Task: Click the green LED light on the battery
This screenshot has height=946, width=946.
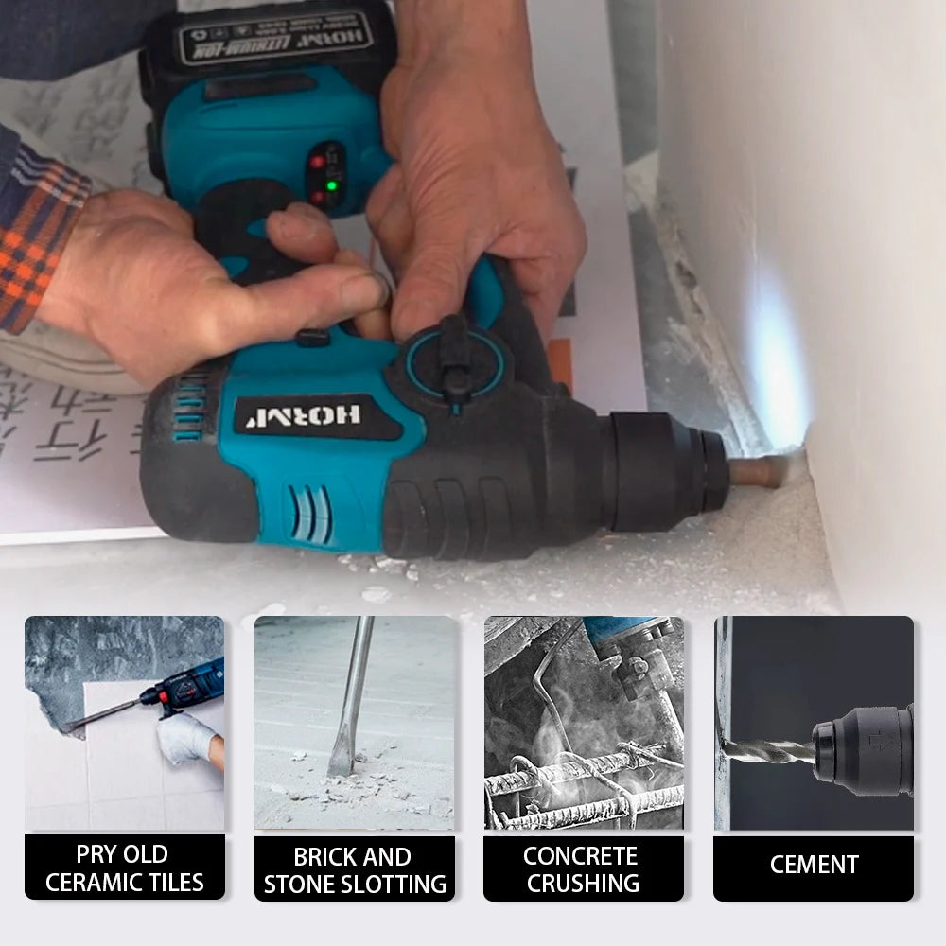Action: (x=330, y=185)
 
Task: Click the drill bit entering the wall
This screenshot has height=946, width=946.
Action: (x=762, y=470)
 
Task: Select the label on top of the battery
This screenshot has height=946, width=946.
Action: (x=275, y=39)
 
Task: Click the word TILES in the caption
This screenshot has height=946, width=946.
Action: (x=172, y=883)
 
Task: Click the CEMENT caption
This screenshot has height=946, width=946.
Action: (x=814, y=865)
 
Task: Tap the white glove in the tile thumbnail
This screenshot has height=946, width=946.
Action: (x=185, y=738)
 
